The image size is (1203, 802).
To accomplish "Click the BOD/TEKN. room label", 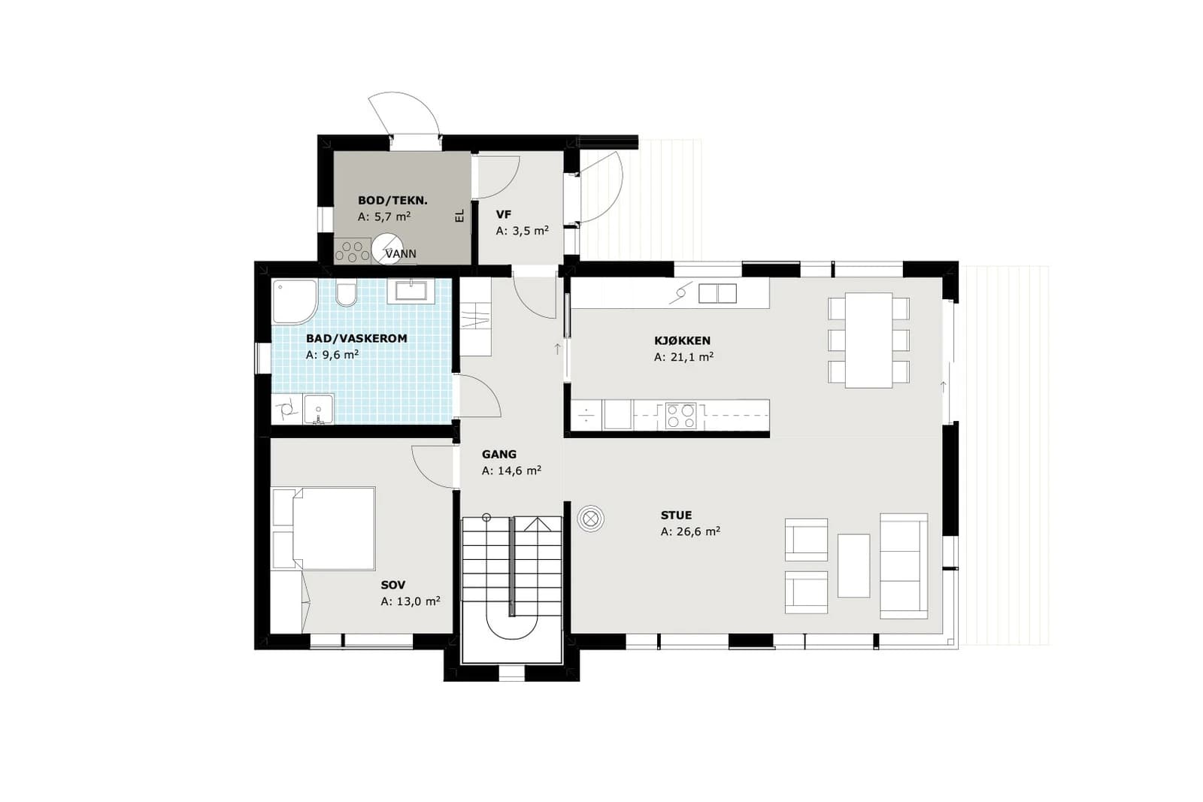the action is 392,201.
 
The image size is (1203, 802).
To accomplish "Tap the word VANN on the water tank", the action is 401,253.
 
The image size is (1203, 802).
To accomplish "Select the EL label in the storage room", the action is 459,216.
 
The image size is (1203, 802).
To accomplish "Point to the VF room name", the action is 503,215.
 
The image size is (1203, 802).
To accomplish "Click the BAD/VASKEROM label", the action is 356,339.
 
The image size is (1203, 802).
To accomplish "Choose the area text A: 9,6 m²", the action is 332,355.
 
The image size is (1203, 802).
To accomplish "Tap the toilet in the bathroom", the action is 347,293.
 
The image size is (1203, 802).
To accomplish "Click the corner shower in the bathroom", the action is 294,301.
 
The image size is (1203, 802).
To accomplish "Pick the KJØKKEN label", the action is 682,340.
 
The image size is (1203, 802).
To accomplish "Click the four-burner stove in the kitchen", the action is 681,416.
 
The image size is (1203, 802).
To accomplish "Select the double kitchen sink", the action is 717,294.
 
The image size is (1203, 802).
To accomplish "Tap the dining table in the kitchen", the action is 868,340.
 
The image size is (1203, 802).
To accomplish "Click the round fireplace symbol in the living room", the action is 591,519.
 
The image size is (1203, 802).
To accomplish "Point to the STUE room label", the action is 676,516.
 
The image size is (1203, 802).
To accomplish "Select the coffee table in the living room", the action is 853,565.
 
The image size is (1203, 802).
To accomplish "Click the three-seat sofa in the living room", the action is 904,566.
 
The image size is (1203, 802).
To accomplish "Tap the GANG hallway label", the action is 499,454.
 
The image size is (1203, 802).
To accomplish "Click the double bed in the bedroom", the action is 323,528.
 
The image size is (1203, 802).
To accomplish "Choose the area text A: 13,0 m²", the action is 411,602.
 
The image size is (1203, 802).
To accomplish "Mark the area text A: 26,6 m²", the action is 690,531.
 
